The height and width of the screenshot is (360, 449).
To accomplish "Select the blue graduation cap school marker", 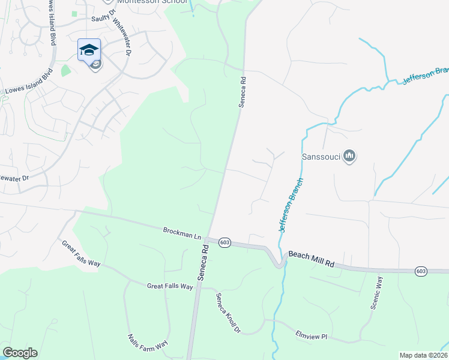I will click(x=89, y=49).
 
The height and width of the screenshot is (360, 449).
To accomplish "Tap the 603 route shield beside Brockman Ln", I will click(x=224, y=242).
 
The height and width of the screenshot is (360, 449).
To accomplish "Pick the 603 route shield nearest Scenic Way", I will click(x=421, y=272).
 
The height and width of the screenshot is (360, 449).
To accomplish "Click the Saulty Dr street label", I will click(x=103, y=19).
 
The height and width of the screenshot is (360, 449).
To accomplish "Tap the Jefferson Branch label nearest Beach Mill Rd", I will click(x=291, y=205).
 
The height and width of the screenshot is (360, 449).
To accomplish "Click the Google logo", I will click(x=20, y=353).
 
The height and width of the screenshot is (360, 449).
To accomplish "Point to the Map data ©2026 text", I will click(x=423, y=355).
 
